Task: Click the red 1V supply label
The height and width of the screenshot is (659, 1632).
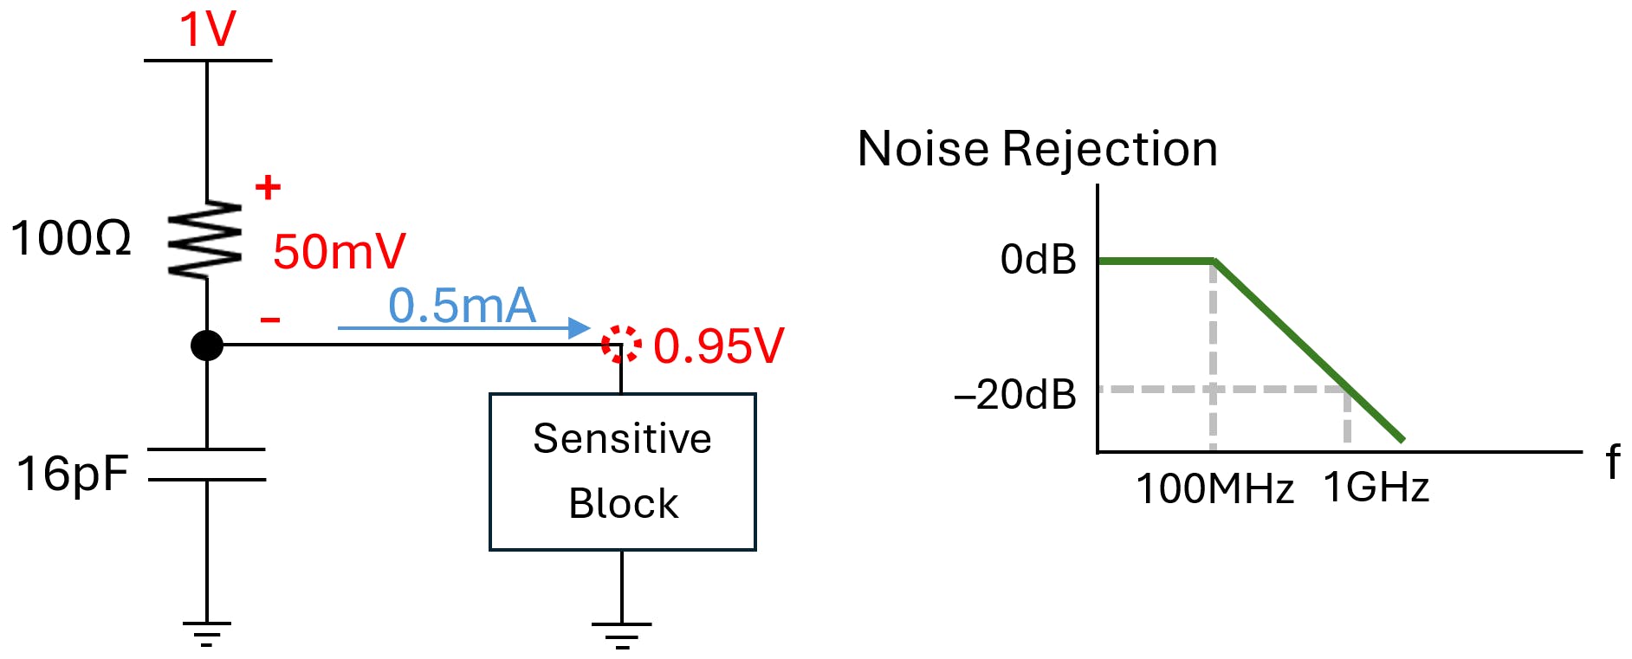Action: click(207, 29)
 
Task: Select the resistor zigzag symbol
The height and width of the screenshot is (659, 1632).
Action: click(206, 240)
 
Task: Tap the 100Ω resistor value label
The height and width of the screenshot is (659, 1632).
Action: click(71, 238)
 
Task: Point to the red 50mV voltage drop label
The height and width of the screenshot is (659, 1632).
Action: click(339, 252)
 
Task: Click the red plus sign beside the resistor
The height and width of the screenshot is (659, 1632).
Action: click(268, 187)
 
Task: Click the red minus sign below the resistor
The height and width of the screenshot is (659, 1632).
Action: click(270, 320)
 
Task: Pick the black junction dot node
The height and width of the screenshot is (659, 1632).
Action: click(206, 346)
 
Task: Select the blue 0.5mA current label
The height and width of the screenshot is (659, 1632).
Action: click(462, 306)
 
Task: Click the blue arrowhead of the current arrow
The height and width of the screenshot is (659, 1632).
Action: click(580, 327)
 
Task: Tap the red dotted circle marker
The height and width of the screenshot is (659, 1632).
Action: click(621, 344)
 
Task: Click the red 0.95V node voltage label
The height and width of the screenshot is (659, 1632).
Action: click(718, 346)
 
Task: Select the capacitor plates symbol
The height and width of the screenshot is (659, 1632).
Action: click(206, 464)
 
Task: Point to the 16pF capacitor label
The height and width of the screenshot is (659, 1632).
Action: click(73, 474)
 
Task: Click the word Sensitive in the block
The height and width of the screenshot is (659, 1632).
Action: click(622, 438)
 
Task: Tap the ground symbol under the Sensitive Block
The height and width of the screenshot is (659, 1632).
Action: click(621, 635)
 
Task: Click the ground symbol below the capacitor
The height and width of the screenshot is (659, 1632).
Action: click(206, 634)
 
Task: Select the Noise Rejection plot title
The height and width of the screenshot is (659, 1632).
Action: click(1037, 148)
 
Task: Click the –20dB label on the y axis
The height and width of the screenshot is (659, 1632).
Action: click(1014, 395)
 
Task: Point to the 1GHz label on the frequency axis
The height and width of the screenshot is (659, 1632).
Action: click(1376, 488)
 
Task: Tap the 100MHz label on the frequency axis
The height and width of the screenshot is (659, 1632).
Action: click(1214, 489)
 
